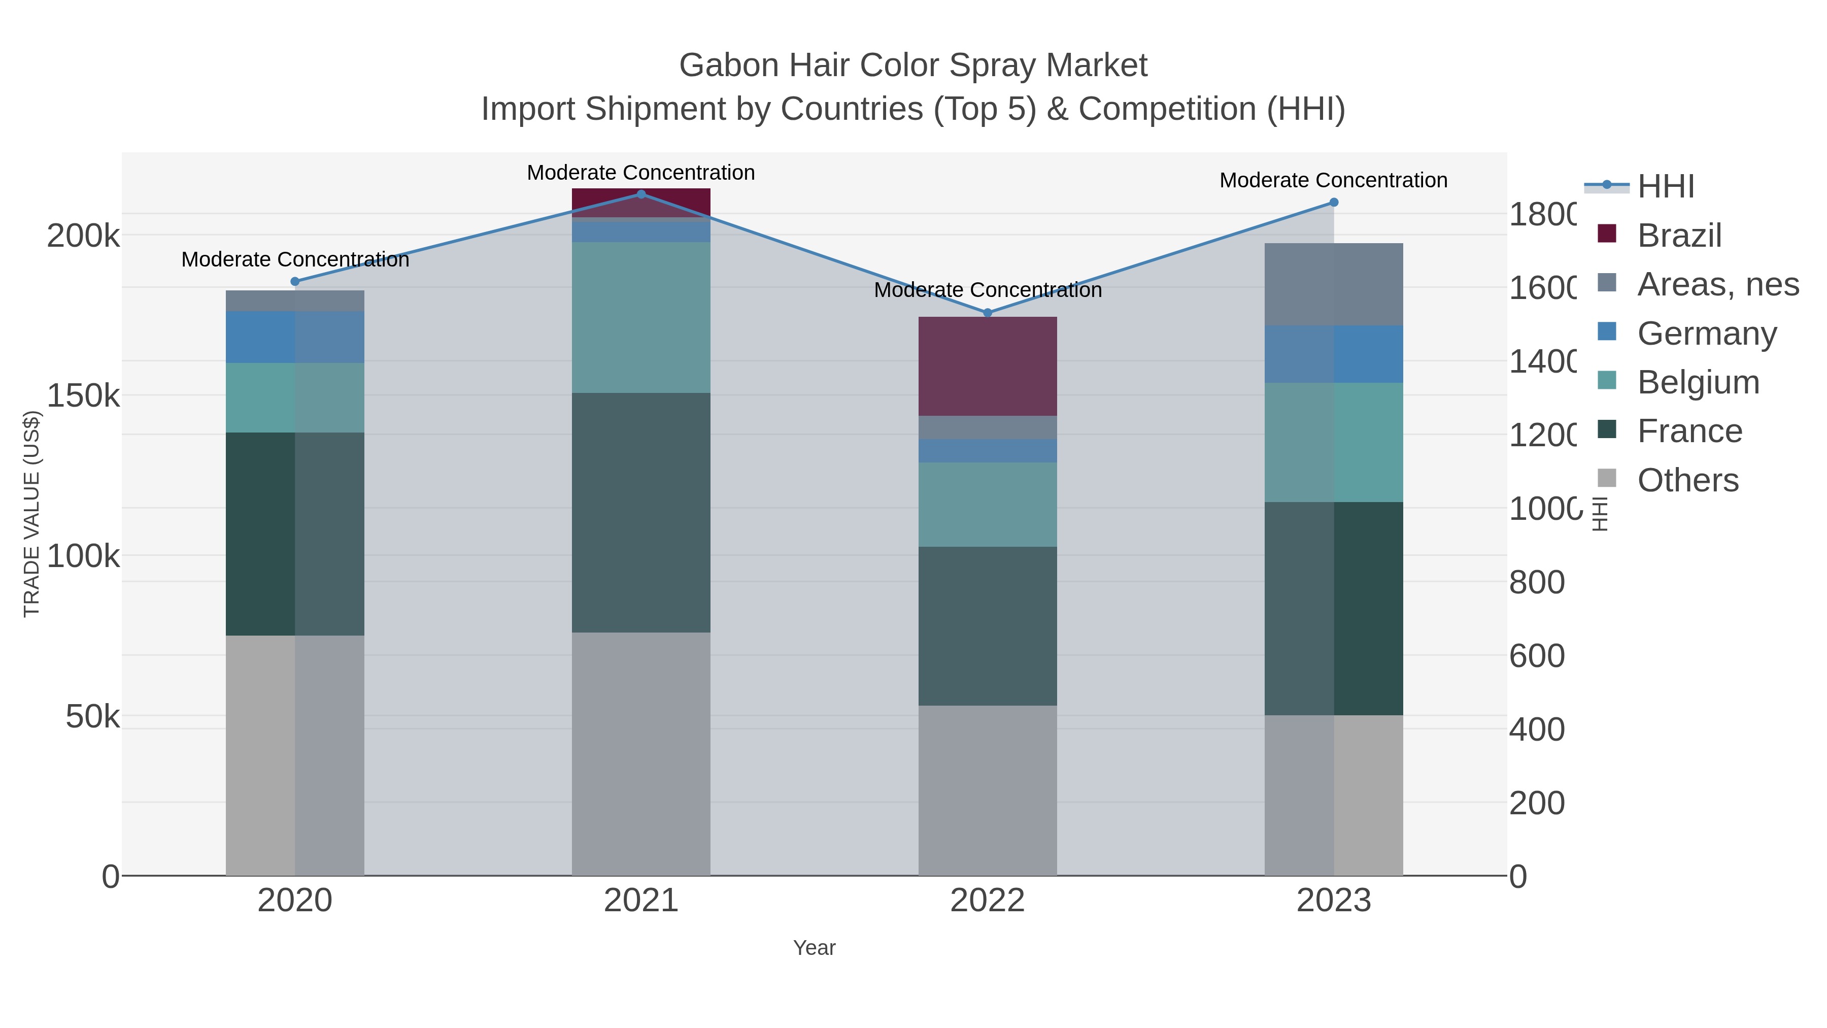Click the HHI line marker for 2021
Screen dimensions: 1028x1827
[641, 194]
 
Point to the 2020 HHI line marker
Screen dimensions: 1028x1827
[295, 282]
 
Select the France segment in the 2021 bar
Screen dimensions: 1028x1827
[641, 512]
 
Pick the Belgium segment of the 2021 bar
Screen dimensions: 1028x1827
[641, 317]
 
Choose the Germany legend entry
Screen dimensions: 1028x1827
[1706, 334]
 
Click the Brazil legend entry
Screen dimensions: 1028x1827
[1679, 236]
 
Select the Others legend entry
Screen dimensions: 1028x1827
[1687, 480]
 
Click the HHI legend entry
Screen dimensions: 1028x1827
[1665, 187]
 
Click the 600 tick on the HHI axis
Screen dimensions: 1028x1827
[1536, 656]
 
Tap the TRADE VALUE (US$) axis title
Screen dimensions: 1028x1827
[32, 514]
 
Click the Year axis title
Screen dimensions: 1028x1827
[814, 948]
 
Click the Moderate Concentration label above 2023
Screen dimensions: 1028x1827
[1333, 180]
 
